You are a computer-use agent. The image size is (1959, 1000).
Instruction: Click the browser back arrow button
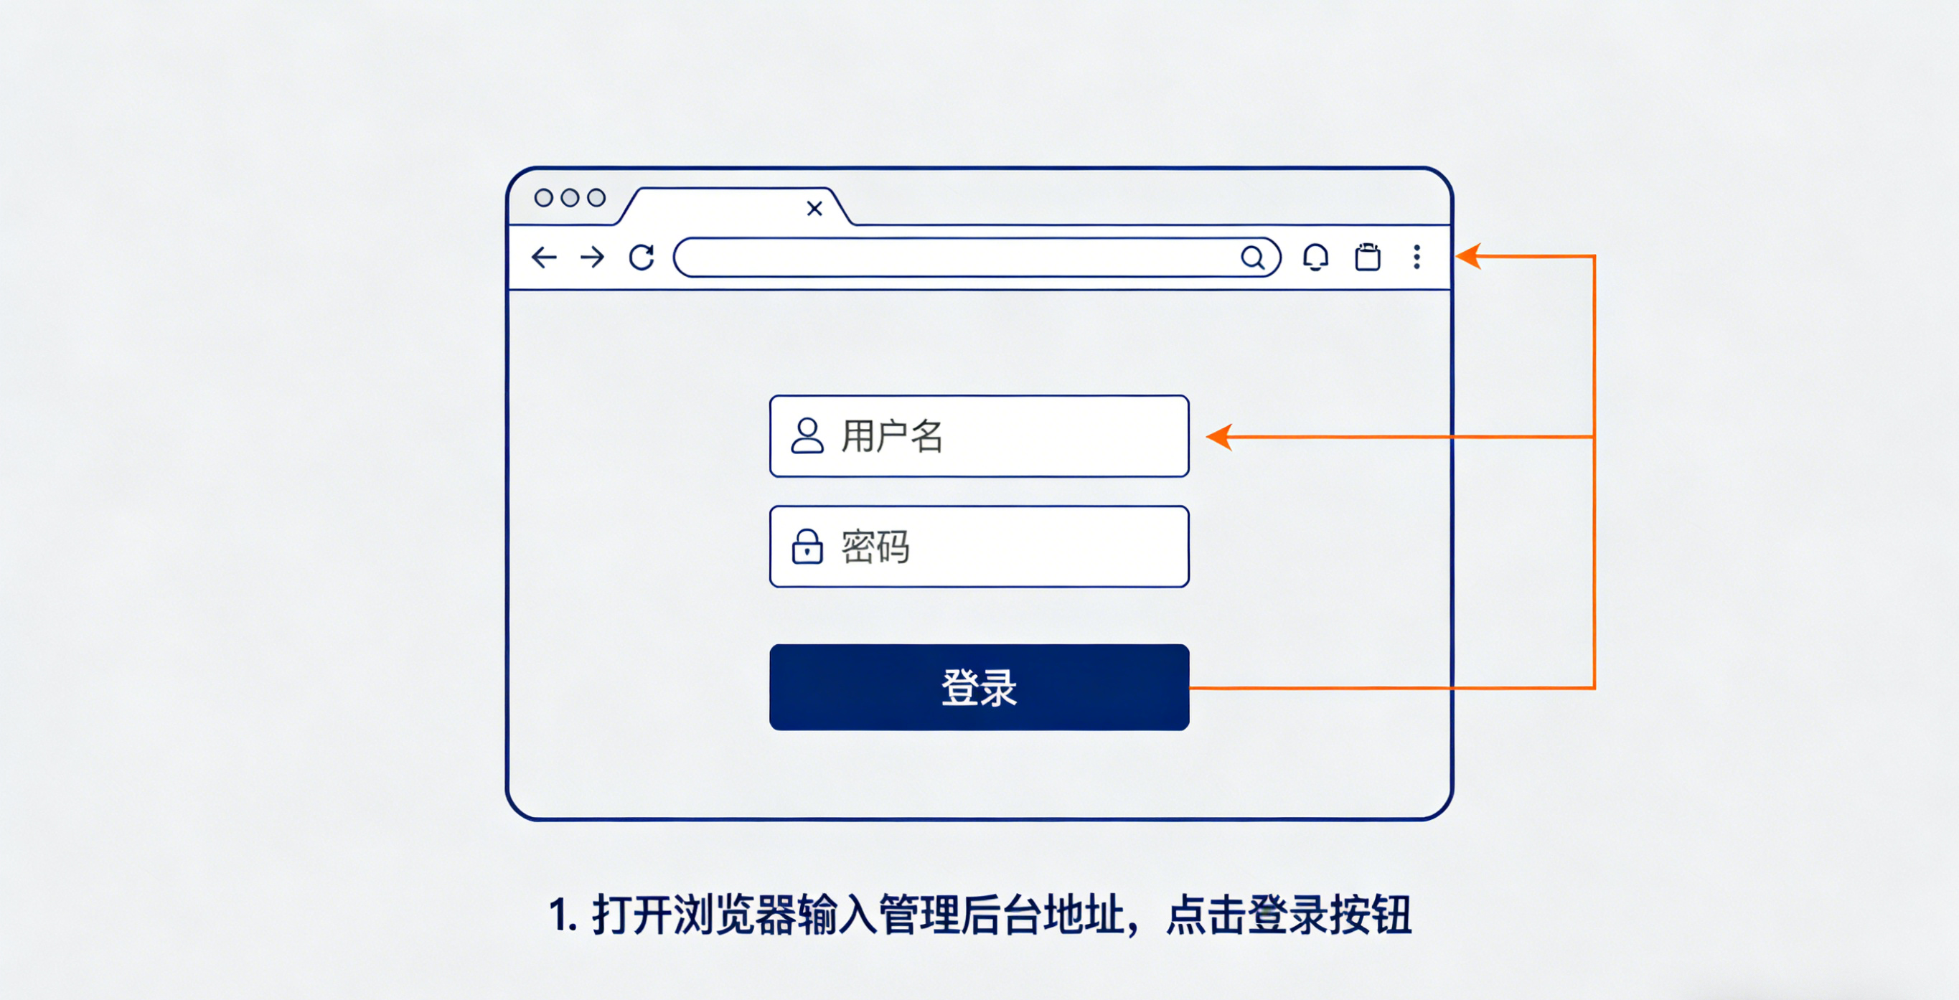click(x=544, y=257)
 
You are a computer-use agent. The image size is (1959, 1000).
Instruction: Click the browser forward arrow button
click(x=592, y=257)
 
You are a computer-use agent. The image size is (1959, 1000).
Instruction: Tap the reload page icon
click(x=642, y=257)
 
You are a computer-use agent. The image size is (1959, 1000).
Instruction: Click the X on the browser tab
click(x=814, y=208)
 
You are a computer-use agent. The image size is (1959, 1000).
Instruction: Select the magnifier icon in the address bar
click(x=1252, y=258)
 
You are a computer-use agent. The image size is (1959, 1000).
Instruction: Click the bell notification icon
click(x=1315, y=257)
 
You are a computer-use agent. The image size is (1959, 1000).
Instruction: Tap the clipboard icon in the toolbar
click(x=1367, y=257)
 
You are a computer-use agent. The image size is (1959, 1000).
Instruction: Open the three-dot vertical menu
click(x=1417, y=257)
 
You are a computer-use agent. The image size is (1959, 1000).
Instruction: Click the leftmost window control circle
click(x=544, y=198)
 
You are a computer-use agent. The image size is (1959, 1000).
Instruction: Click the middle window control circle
click(x=570, y=198)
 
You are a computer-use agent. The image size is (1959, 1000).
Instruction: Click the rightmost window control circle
click(x=596, y=198)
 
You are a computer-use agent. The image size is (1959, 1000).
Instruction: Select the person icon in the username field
click(x=807, y=435)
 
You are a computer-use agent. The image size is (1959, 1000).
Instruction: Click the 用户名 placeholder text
click(x=892, y=436)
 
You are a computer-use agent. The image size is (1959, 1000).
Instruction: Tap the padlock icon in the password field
click(x=807, y=547)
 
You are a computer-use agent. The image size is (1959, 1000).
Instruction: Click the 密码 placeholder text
click(x=875, y=547)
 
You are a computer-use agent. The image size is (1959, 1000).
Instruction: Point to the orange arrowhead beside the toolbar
click(x=1467, y=256)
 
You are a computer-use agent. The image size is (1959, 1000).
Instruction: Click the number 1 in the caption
click(x=560, y=915)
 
